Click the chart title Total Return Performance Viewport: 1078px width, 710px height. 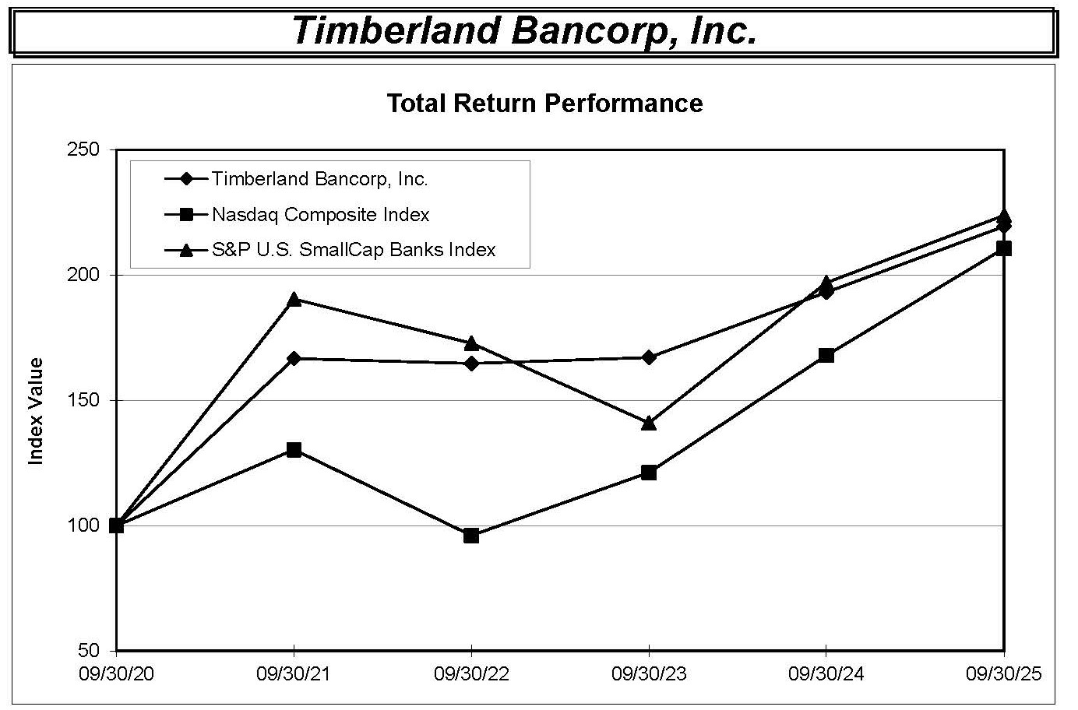point(544,104)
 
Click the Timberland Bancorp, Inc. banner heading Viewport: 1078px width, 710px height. point(524,31)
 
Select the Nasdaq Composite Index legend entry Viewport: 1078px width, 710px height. point(320,214)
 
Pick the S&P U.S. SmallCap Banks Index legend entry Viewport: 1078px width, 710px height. point(353,250)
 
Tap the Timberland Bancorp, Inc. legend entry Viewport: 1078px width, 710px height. point(319,179)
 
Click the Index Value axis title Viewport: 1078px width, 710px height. point(35,411)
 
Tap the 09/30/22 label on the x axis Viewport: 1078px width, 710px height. point(471,674)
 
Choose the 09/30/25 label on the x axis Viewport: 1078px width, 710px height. point(1003,674)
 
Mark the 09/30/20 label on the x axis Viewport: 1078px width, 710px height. point(116,674)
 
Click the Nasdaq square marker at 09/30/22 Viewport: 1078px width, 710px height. point(471,536)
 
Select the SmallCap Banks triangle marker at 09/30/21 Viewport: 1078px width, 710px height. point(294,299)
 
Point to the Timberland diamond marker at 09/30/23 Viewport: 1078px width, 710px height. point(649,357)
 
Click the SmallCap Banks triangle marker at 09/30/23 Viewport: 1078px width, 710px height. point(649,423)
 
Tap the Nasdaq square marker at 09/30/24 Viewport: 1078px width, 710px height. point(826,356)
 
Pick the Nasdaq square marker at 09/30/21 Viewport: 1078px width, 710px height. point(294,450)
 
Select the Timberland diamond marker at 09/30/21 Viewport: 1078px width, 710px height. point(294,358)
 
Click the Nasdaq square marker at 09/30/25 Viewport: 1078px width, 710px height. point(1004,248)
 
